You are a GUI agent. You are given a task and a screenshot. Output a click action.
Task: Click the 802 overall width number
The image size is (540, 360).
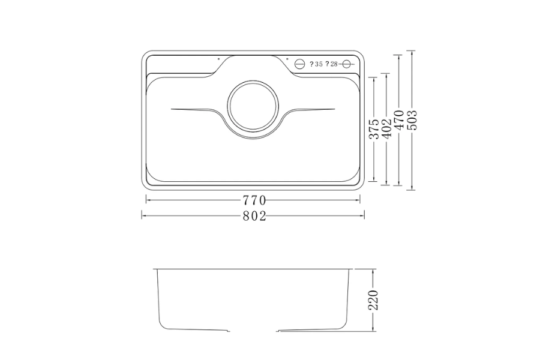point(254,217)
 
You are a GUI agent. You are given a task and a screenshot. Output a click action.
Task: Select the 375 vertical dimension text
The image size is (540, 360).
point(373,130)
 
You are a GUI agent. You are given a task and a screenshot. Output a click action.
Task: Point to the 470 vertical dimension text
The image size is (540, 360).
point(399,122)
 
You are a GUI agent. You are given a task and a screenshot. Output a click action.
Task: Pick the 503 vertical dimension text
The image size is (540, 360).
point(412,120)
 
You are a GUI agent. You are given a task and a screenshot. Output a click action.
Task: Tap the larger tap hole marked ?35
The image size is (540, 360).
point(301,64)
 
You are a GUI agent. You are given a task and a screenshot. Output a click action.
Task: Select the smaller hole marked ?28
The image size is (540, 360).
point(347,64)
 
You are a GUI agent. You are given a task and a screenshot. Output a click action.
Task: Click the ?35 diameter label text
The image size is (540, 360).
point(317,64)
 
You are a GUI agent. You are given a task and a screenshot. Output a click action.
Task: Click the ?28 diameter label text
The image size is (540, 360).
point(333,64)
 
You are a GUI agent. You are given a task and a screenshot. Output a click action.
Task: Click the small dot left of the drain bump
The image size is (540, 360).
point(218,59)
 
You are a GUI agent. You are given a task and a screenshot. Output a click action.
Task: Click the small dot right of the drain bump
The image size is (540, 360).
point(287,59)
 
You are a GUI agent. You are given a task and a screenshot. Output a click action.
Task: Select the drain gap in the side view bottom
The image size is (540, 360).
point(254,330)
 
